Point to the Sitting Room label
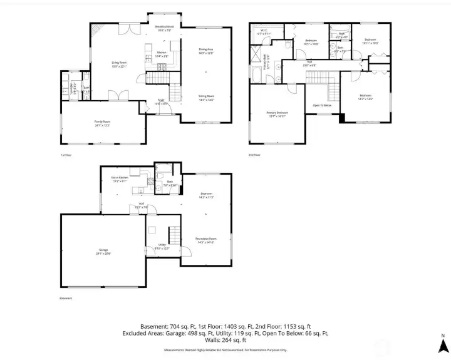click(206, 96)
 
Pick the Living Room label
click(119, 63)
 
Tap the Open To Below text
click(322, 105)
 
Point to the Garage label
click(103, 253)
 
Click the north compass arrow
click(442, 344)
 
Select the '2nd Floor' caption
click(254, 155)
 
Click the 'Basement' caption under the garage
click(66, 299)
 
